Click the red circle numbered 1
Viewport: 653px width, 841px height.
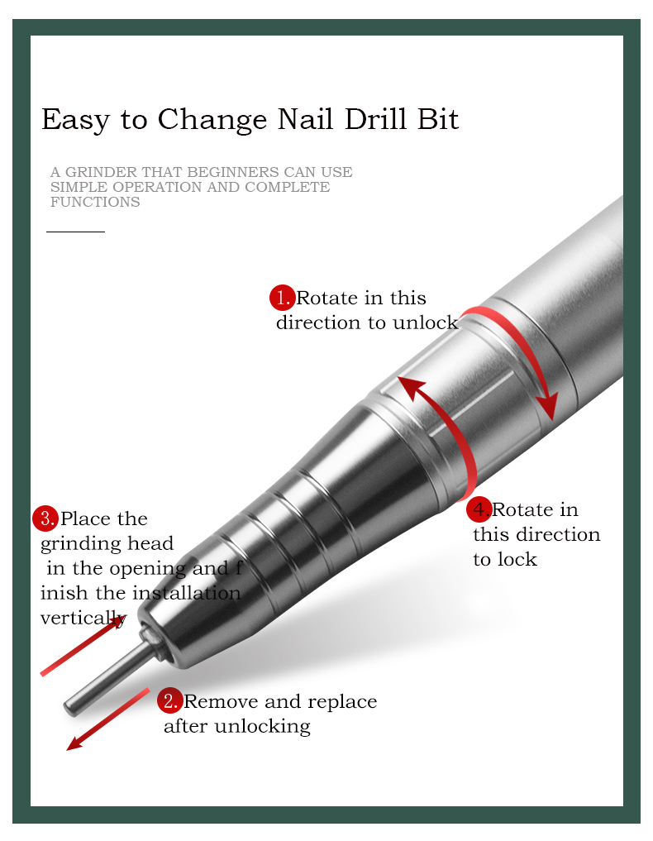(x=282, y=298)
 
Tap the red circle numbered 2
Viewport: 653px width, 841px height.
(x=170, y=701)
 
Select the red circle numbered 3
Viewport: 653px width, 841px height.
(x=45, y=518)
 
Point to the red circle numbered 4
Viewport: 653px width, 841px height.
(x=479, y=509)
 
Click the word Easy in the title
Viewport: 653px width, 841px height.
(x=75, y=120)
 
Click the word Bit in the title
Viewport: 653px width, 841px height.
(x=438, y=118)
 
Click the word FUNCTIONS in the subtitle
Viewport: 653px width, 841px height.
(x=95, y=203)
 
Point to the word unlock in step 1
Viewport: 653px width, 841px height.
(x=426, y=323)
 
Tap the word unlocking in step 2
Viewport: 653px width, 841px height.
(x=262, y=727)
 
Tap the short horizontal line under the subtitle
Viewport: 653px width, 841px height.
(x=75, y=232)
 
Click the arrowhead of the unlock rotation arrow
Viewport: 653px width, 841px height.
(x=549, y=407)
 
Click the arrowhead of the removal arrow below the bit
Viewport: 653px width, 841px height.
(x=75, y=743)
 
